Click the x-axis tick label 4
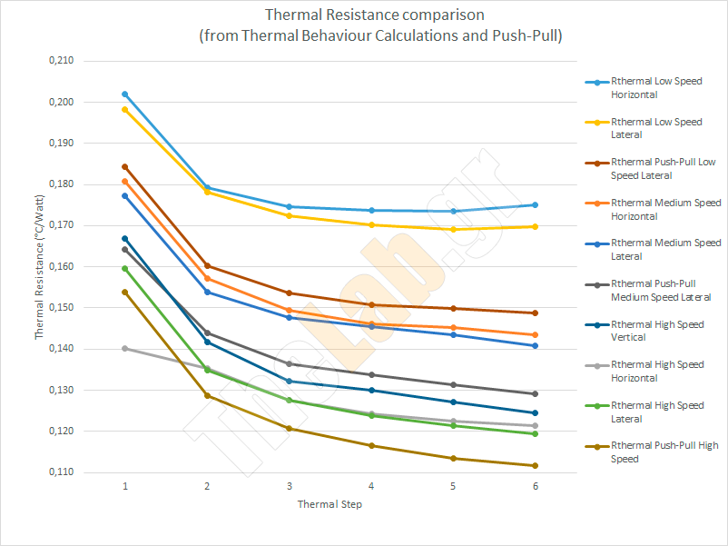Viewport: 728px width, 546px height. click(x=371, y=487)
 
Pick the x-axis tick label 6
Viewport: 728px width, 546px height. click(x=536, y=487)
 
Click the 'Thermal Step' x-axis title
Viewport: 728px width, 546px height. click(x=330, y=504)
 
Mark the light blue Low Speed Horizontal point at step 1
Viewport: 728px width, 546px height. click(x=125, y=94)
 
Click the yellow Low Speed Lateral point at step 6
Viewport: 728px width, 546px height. click(x=536, y=226)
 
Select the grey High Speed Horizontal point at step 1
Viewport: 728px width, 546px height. click(x=125, y=348)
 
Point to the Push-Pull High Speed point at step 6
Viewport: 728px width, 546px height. click(x=536, y=466)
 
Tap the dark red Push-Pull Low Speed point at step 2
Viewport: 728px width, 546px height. click(x=207, y=266)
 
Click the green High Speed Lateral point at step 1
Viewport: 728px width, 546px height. click(x=125, y=269)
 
